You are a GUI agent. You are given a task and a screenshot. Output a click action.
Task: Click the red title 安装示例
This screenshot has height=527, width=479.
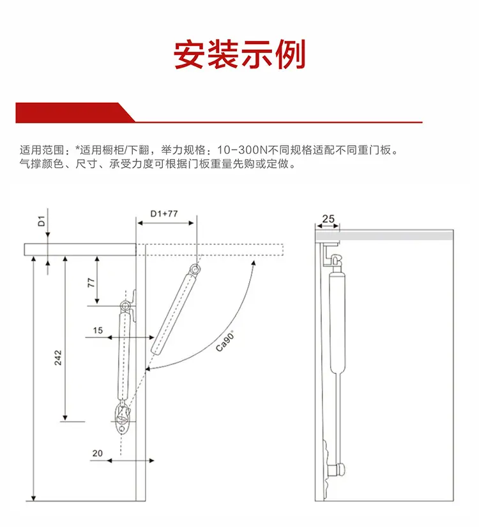coord(240,54)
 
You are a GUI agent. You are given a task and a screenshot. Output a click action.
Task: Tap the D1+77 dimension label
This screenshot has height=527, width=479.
coord(163,214)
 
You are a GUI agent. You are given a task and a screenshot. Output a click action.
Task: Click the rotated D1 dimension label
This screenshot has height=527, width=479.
coord(41,222)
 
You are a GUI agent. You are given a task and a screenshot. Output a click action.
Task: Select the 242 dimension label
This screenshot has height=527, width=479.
coord(58,357)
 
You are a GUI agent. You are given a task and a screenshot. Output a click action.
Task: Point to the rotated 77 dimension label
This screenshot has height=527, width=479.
coord(91,282)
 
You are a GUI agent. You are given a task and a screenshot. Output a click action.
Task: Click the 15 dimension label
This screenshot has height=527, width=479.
coord(98,330)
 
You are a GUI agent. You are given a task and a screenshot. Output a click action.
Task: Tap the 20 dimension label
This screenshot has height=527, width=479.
coord(98,453)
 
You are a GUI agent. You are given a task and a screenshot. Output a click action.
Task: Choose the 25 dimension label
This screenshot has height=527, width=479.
coord(328,219)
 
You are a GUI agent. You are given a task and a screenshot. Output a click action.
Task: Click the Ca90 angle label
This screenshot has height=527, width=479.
coord(225,341)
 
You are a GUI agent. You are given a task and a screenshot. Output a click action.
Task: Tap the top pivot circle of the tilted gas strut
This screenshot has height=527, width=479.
coord(195,268)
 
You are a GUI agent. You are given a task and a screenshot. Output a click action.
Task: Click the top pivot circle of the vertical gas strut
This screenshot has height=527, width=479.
coord(125,306)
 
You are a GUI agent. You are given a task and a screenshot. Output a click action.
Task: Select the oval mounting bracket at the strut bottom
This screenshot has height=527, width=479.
coord(121,419)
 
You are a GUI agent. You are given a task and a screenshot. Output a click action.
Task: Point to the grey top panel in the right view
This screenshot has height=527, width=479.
coord(384,235)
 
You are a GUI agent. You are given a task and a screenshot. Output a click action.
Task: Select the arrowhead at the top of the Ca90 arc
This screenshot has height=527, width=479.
coord(254,263)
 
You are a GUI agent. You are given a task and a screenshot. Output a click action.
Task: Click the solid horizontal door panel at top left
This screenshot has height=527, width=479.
coord(80,250)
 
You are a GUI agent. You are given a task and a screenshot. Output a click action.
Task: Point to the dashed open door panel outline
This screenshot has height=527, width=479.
coord(209,250)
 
